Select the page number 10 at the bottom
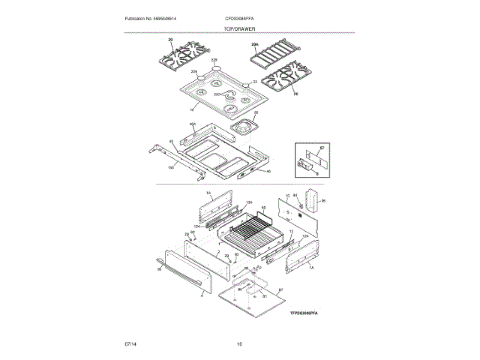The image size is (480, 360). [239, 344]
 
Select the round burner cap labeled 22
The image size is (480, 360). [245, 84]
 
